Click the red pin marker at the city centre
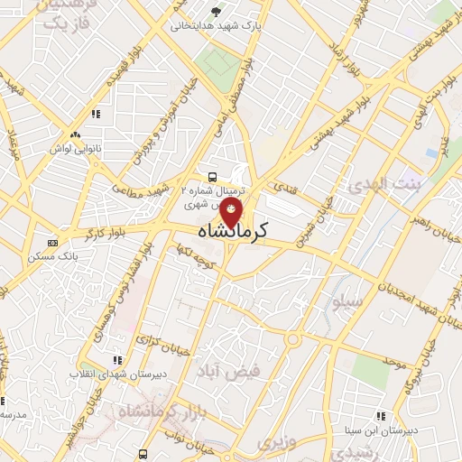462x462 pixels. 232,214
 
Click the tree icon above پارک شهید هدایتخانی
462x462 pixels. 215,12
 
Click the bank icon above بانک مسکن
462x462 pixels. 53,242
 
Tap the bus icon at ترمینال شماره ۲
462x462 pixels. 211,177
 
